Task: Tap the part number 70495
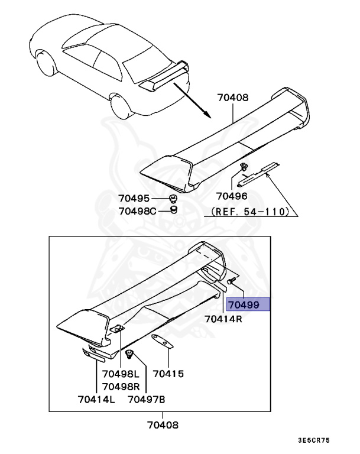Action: [x=134, y=199]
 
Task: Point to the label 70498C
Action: [x=137, y=210]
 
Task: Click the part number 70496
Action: [x=231, y=196]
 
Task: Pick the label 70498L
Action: [x=120, y=374]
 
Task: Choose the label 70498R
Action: [x=120, y=386]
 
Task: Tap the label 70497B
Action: [x=147, y=400]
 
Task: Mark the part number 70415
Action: [x=168, y=374]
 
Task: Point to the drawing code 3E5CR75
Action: [x=314, y=441]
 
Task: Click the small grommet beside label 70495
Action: [x=173, y=198]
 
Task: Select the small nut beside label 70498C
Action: [x=173, y=210]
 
